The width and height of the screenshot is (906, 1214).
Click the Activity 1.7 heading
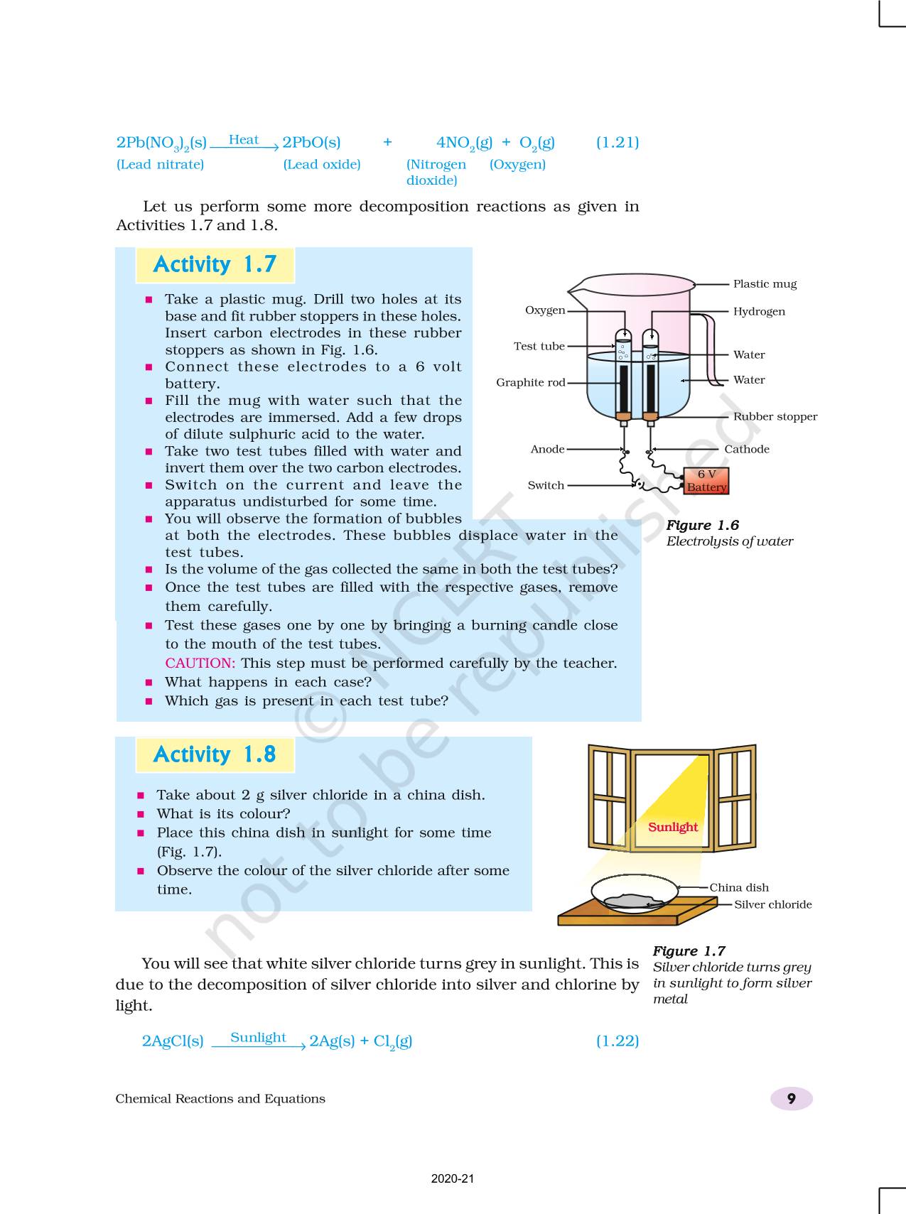pyautogui.click(x=215, y=264)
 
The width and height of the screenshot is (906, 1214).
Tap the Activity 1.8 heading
pyautogui.click(x=215, y=754)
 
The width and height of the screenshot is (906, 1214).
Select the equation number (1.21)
pyautogui.click(x=617, y=142)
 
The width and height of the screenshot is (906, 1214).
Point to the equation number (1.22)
pyautogui.click(x=617, y=1041)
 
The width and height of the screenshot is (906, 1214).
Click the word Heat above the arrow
pyautogui.click(x=244, y=140)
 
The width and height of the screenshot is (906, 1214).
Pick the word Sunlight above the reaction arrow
pyautogui.click(x=258, y=1037)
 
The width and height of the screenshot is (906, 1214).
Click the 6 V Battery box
pyautogui.click(x=706, y=481)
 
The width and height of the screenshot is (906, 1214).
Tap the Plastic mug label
pyautogui.click(x=765, y=284)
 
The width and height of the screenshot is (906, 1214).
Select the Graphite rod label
pyautogui.click(x=530, y=382)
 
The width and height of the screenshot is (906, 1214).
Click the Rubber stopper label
pyautogui.click(x=775, y=416)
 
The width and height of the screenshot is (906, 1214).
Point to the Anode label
pyautogui.click(x=547, y=449)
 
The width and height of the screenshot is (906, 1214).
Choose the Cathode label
pyautogui.click(x=747, y=449)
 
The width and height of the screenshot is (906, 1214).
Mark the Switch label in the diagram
pyautogui.click(x=546, y=485)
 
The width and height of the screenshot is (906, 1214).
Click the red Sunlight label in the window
pyautogui.click(x=673, y=827)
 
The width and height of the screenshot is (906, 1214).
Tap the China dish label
pyautogui.click(x=739, y=887)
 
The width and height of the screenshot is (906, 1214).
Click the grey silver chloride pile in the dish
pyautogui.click(x=632, y=901)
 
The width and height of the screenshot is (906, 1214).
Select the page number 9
pyautogui.click(x=791, y=1099)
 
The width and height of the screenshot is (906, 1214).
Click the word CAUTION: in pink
pyautogui.click(x=200, y=663)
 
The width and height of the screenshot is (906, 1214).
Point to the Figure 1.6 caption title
pyautogui.click(x=702, y=525)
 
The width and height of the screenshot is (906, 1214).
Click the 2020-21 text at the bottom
pyautogui.click(x=453, y=1178)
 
